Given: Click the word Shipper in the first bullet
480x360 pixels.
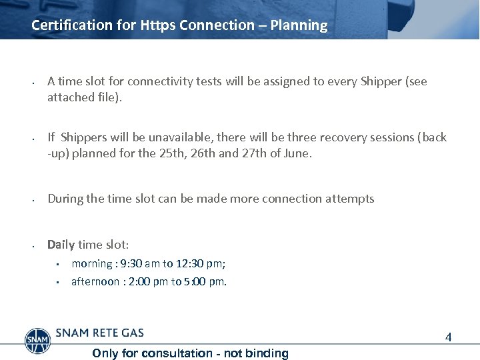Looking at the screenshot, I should [381, 81].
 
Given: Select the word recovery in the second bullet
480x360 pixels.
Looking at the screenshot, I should [337, 137].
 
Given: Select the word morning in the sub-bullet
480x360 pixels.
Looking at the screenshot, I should [92, 263].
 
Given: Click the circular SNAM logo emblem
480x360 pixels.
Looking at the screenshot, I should [37, 340].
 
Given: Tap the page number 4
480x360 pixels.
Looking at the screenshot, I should [449, 337].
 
